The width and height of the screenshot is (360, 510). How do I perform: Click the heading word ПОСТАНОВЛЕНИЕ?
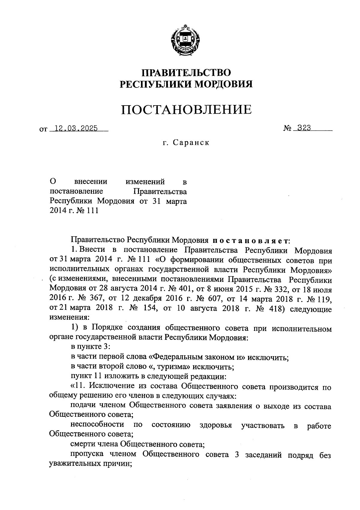click(x=186, y=109)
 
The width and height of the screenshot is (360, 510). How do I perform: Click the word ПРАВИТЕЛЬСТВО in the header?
click(x=186, y=73)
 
